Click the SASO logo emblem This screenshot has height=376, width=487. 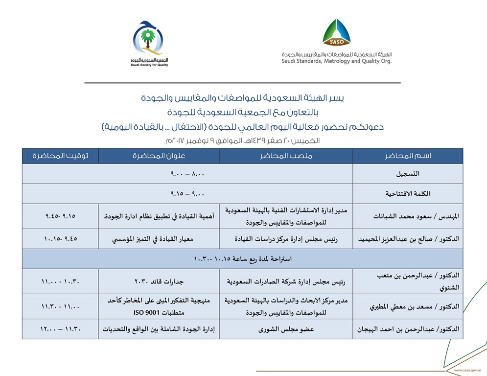pyautogui.click(x=336, y=33)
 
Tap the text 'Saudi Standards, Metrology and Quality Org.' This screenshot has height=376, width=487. pyautogui.click(x=336, y=61)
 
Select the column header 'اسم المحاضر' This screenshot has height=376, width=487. pyautogui.click(x=408, y=156)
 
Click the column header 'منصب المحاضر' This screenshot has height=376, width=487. pyautogui.click(x=286, y=156)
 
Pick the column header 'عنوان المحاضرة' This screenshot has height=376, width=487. pyautogui.click(x=159, y=156)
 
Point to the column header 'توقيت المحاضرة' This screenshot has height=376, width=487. pyautogui.click(x=60, y=156)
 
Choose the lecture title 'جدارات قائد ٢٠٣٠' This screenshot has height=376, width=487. pyautogui.click(x=159, y=282)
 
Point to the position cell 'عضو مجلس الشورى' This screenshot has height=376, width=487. pyautogui.click(x=286, y=329)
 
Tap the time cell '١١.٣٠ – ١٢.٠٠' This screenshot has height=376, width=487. pyautogui.click(x=60, y=329)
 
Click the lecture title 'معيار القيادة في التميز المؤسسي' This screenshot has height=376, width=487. pyautogui.click(x=159, y=239)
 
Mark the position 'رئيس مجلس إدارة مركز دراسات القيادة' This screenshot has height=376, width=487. pyautogui.click(x=286, y=239)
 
